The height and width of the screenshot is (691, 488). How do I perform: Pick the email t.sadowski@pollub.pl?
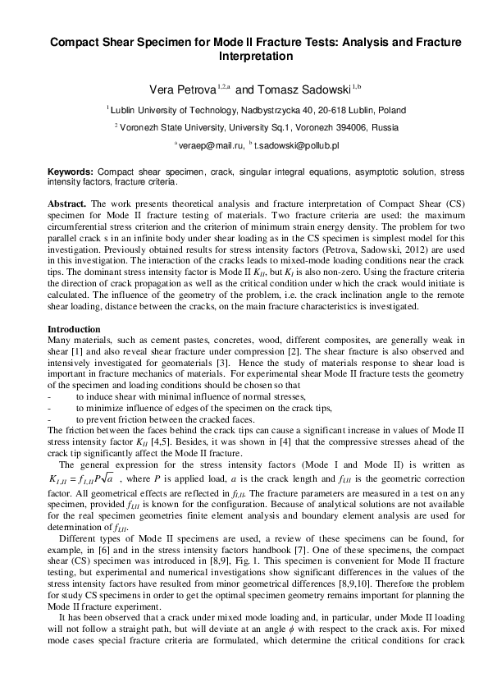coord(296,144)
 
